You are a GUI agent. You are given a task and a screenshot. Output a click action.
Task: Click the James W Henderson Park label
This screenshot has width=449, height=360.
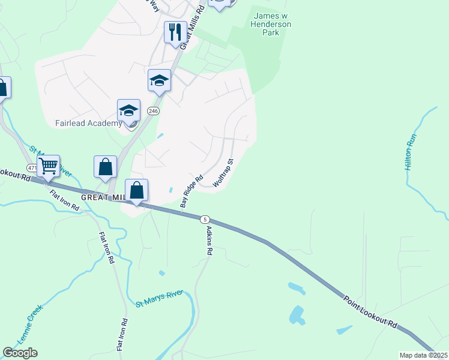click(272, 24)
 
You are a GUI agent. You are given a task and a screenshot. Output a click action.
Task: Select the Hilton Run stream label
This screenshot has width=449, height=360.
click(411, 152)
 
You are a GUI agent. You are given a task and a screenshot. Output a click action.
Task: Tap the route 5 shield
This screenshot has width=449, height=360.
click(205, 219)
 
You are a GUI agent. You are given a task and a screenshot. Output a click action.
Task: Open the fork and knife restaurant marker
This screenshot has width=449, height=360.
click(175, 32)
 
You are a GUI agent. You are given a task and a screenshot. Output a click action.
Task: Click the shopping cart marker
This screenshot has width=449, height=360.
click(48, 164)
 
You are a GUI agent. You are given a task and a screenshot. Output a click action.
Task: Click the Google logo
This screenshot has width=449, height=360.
click(20, 353)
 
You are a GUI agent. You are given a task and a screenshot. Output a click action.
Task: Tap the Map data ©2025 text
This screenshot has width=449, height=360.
click(423, 355)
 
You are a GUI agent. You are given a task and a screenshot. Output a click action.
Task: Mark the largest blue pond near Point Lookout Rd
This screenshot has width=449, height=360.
click(296, 314)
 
